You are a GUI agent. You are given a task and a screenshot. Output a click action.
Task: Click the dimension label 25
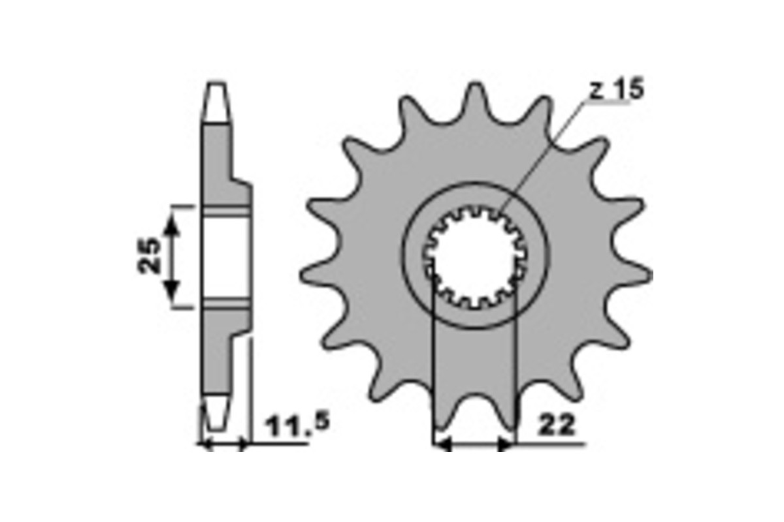tap(149, 255)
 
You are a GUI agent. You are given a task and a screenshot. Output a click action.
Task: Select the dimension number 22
tap(557, 425)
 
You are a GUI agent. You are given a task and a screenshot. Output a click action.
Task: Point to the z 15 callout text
tap(617, 89)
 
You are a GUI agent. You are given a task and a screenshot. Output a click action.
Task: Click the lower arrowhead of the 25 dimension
tap(171, 290)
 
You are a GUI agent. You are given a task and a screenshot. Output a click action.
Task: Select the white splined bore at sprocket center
tap(475, 257)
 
